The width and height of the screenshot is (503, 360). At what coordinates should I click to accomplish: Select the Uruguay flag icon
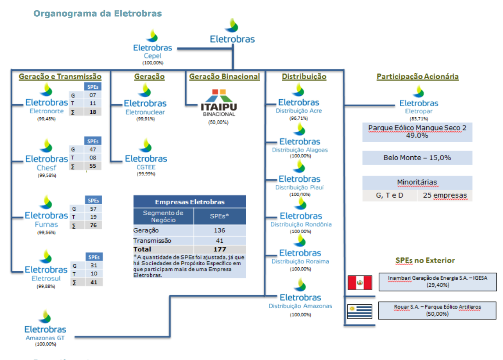pyautogui.click(x=359, y=311)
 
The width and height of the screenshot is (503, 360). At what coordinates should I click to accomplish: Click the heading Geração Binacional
pyautogui.click(x=224, y=76)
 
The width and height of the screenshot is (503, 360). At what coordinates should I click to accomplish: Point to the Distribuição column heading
pyautogui.click(x=304, y=76)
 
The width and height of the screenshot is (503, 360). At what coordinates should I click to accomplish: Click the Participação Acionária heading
pyautogui.click(x=417, y=76)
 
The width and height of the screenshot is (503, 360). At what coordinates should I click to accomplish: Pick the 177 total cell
pyautogui.click(x=220, y=249)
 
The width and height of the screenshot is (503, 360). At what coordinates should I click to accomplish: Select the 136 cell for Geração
pyautogui.click(x=220, y=230)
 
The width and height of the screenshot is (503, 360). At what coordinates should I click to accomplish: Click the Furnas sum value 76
pyautogui.click(x=93, y=225)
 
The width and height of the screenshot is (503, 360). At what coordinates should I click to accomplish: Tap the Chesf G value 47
pyautogui.click(x=93, y=150)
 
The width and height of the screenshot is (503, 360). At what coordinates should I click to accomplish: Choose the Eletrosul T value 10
pyautogui.click(x=93, y=274)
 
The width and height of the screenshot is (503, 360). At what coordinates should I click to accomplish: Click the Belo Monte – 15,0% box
pyautogui.click(x=417, y=158)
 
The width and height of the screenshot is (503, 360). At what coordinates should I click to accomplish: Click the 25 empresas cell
pyautogui.click(x=445, y=195)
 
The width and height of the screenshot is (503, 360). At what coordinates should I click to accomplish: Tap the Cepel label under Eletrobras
pyautogui.click(x=152, y=56)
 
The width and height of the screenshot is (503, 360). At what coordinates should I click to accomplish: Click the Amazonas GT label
pyautogui.click(x=45, y=338)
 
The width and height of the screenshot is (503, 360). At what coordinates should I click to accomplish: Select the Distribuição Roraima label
pyautogui.click(x=300, y=262)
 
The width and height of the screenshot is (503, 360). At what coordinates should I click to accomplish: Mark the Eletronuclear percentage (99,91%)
pyautogui.click(x=145, y=119)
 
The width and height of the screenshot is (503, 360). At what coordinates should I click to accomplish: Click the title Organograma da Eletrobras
pyautogui.click(x=98, y=14)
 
